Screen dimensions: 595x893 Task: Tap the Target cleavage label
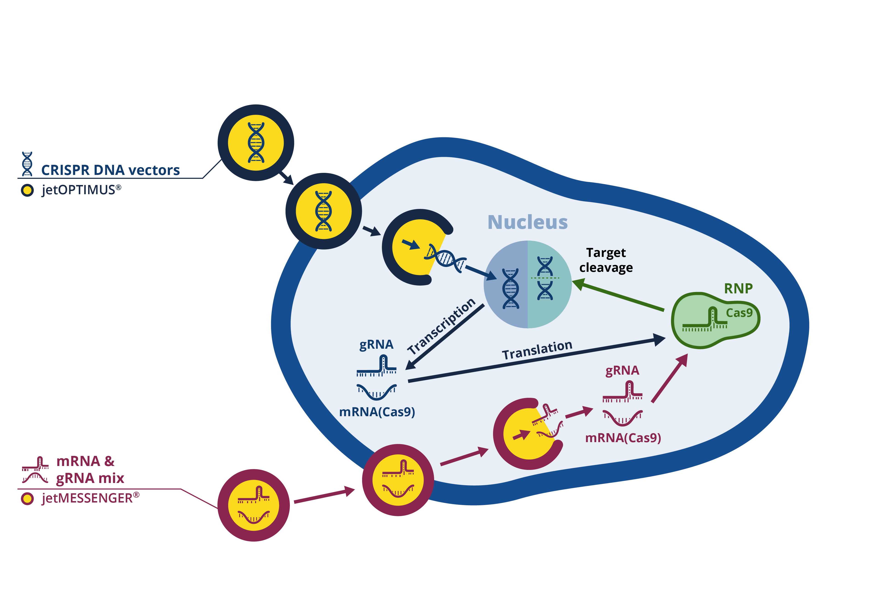coord(606,260)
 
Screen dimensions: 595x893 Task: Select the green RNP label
coord(738,289)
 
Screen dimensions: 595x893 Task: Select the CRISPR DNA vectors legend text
coord(110,170)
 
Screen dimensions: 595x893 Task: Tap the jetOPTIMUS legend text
coord(81,190)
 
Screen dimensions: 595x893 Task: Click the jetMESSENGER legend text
coord(90,498)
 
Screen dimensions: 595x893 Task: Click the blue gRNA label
coord(376,345)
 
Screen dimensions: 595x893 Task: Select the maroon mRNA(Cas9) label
coord(623,438)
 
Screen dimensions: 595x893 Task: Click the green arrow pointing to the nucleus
coord(618,296)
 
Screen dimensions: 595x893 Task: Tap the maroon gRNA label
coord(622,370)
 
